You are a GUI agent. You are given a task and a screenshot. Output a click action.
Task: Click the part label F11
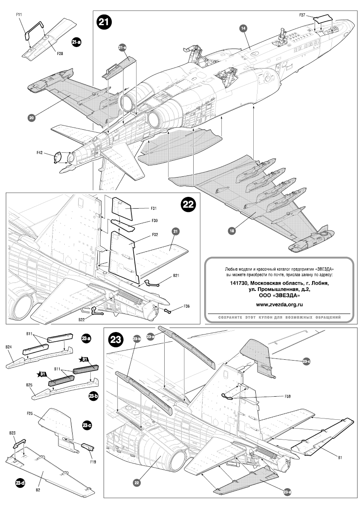pyautogui.click(x=19, y=15)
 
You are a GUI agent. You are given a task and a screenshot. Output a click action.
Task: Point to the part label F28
pyautogui.click(x=60, y=54)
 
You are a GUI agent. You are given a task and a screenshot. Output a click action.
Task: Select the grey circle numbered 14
pyautogui.click(x=243, y=28)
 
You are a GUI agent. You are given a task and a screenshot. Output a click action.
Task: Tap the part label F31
pyautogui.click(x=142, y=208)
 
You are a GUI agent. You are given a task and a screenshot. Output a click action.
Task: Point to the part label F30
pyautogui.click(x=143, y=221)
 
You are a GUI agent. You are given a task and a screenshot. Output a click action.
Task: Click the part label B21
pyautogui.click(x=176, y=276)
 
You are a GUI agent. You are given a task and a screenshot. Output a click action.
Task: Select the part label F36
pyautogui.click(x=187, y=306)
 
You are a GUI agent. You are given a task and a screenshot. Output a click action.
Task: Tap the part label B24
pyautogui.click(x=8, y=347)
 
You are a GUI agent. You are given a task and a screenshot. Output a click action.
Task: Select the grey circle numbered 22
pyautogui.click(x=137, y=483)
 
